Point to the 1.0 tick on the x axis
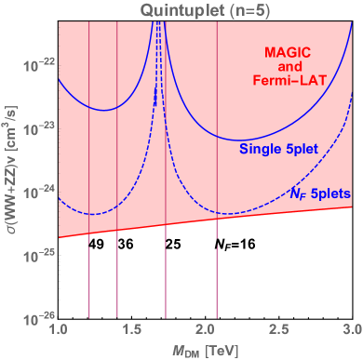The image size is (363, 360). pyautogui.click(x=59, y=329)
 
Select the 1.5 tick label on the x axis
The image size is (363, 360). pyautogui.click(x=132, y=329)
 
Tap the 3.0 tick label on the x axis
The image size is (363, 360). pyautogui.click(x=351, y=329)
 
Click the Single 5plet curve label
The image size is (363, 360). pyautogui.click(x=276, y=149)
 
